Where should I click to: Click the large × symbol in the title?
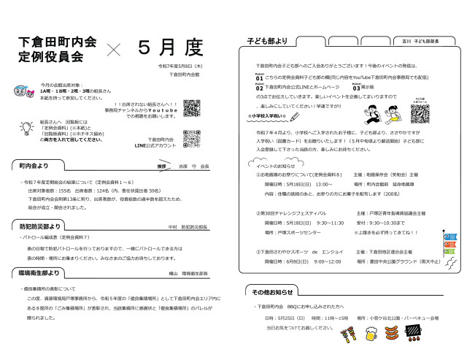tap(114, 49)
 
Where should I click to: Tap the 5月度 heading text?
tap(170, 47)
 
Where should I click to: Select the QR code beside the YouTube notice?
tap(190, 108)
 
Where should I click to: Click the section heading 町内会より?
tap(36, 166)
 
